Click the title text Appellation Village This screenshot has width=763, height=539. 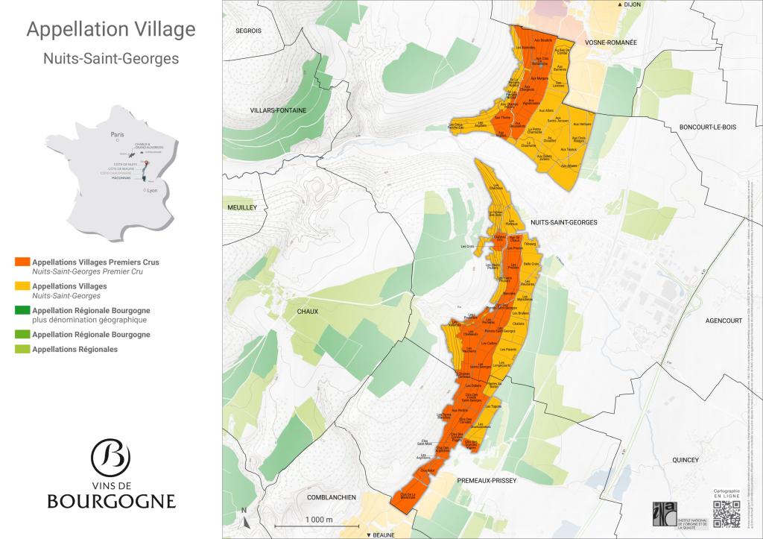111,30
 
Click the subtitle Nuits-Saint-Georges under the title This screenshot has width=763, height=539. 111,58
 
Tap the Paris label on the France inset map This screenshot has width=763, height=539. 116,135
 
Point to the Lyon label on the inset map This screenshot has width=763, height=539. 153,190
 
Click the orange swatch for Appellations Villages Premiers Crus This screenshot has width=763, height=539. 22,262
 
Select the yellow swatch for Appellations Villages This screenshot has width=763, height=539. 22,286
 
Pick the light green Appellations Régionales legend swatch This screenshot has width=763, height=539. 22,349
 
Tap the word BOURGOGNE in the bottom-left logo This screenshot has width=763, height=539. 111,501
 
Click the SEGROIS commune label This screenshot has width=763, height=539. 248,31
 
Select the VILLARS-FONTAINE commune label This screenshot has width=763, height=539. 274,110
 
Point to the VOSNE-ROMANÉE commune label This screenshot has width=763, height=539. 610,42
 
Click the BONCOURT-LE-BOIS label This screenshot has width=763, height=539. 707,127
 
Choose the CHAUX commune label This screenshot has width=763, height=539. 307,311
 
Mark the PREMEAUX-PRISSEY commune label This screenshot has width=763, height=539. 488,481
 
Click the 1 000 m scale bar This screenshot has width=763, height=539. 319,525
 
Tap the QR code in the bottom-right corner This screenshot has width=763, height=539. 728,514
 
